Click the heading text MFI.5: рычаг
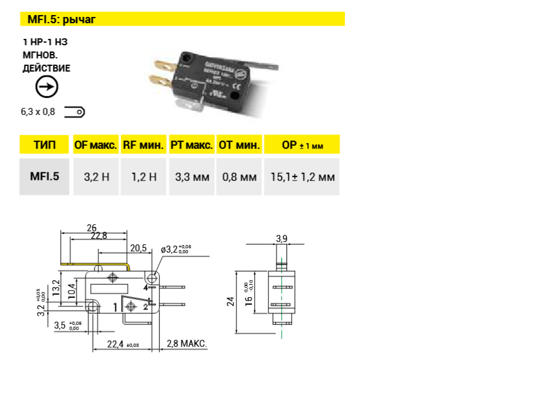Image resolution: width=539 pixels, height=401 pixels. click(x=61, y=19)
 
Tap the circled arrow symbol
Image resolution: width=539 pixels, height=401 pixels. click(x=46, y=87)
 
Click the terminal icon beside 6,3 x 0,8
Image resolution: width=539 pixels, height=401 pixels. click(x=75, y=112)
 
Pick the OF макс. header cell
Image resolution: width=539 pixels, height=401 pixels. click(x=95, y=145)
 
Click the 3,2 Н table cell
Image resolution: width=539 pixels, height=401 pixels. click(x=96, y=177)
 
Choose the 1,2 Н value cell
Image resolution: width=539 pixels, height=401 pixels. click(x=144, y=177)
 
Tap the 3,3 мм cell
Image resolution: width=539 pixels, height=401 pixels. click(x=191, y=177)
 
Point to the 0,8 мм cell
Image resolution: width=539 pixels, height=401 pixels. click(x=239, y=177)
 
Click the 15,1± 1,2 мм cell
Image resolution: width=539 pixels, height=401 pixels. click(x=302, y=177)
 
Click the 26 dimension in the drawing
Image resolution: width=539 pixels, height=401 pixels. click(x=91, y=227)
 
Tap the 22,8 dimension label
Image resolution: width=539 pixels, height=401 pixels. click(x=99, y=236)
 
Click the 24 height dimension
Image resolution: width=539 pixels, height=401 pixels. click(x=230, y=302)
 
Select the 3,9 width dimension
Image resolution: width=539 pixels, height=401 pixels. click(x=281, y=238)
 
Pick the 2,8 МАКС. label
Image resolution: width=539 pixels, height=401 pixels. click(x=187, y=344)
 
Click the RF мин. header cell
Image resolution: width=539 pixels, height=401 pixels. click(x=144, y=145)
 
